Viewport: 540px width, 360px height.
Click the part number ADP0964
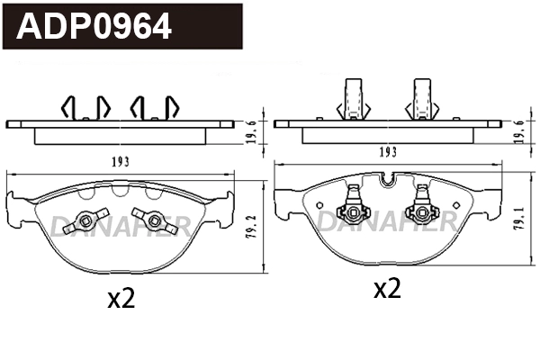tap(95, 28)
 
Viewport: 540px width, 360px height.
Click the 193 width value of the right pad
tap(388, 153)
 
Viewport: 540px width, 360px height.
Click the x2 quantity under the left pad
tap(121, 300)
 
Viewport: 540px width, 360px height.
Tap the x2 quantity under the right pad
tap(387, 289)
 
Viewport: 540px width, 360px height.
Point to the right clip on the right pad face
tap(420, 208)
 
